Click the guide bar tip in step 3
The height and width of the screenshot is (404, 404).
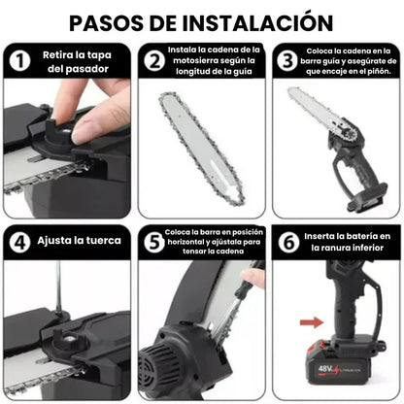coord(293,95)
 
